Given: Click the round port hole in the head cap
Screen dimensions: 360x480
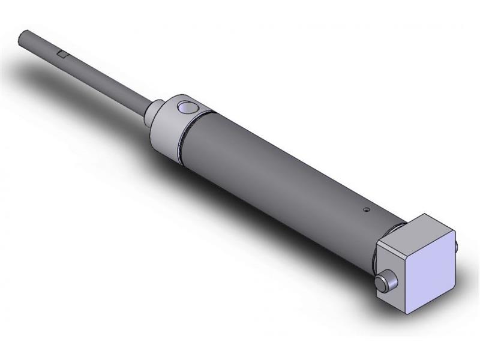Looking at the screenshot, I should [x=187, y=109].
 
